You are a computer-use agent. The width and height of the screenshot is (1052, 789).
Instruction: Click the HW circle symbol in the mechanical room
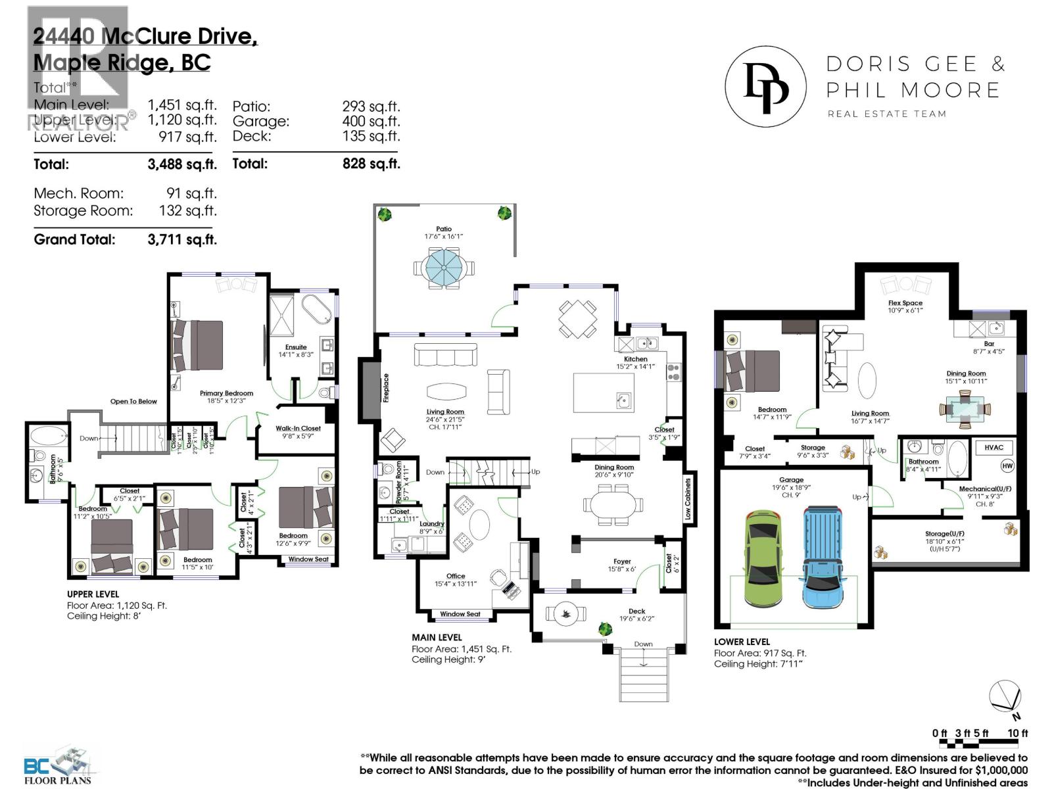1007,466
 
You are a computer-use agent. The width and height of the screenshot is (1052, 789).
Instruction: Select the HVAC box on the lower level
993,447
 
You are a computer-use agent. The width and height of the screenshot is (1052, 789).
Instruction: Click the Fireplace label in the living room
387,388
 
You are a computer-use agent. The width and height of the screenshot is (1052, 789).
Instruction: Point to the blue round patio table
444,268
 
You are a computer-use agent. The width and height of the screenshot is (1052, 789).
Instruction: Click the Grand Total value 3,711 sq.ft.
182,239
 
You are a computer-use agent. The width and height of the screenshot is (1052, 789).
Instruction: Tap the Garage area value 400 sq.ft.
371,121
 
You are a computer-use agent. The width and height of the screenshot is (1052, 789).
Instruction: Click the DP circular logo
765,86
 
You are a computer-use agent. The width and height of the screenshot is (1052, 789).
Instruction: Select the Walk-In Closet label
298,428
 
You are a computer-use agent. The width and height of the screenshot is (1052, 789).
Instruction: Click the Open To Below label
133,401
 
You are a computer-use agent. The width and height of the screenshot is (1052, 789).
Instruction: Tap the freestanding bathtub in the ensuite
318,309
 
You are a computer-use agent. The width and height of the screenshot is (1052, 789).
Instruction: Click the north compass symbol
1005,696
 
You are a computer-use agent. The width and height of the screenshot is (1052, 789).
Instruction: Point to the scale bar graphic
984,744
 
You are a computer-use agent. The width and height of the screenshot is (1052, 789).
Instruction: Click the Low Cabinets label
688,499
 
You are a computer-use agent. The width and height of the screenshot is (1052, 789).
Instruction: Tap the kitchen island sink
623,400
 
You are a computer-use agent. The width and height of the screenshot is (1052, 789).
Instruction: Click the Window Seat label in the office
460,614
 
